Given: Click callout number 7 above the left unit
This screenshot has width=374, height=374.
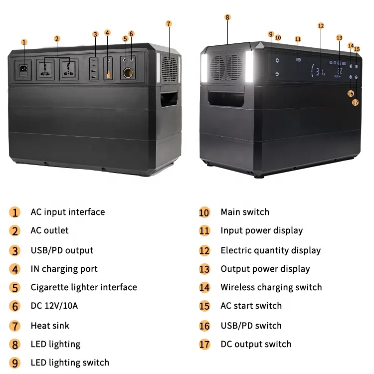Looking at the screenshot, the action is click(x=169, y=23).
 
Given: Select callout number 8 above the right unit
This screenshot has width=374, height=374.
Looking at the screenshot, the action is click(x=227, y=17).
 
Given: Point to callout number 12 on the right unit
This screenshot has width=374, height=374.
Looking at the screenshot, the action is click(x=321, y=25).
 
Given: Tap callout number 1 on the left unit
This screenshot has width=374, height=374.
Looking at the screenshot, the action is click(x=24, y=42).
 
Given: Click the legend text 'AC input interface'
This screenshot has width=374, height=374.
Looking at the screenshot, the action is click(x=68, y=212).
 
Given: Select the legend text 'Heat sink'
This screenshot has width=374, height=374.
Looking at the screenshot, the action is click(x=50, y=326).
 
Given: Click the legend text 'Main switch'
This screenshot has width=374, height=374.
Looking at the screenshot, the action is click(x=245, y=212).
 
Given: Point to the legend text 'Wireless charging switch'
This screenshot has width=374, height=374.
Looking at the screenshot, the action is click(x=271, y=287).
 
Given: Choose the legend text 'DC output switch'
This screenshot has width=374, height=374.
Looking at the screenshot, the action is click(x=256, y=344).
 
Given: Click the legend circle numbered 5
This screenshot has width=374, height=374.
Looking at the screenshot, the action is click(x=15, y=288).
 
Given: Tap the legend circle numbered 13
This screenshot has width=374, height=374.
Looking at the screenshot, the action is click(x=204, y=269).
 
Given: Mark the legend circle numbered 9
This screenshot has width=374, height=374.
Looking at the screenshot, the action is click(x=15, y=363).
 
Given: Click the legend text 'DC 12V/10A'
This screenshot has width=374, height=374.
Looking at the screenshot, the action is click(x=54, y=306).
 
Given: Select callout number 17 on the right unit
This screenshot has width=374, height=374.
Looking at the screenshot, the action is click(x=355, y=102).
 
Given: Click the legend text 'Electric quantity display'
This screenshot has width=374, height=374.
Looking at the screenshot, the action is click(x=271, y=250).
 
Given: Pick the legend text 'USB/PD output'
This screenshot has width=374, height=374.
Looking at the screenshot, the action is click(x=62, y=250).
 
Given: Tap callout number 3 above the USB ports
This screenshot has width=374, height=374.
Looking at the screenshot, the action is click(x=95, y=34).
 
